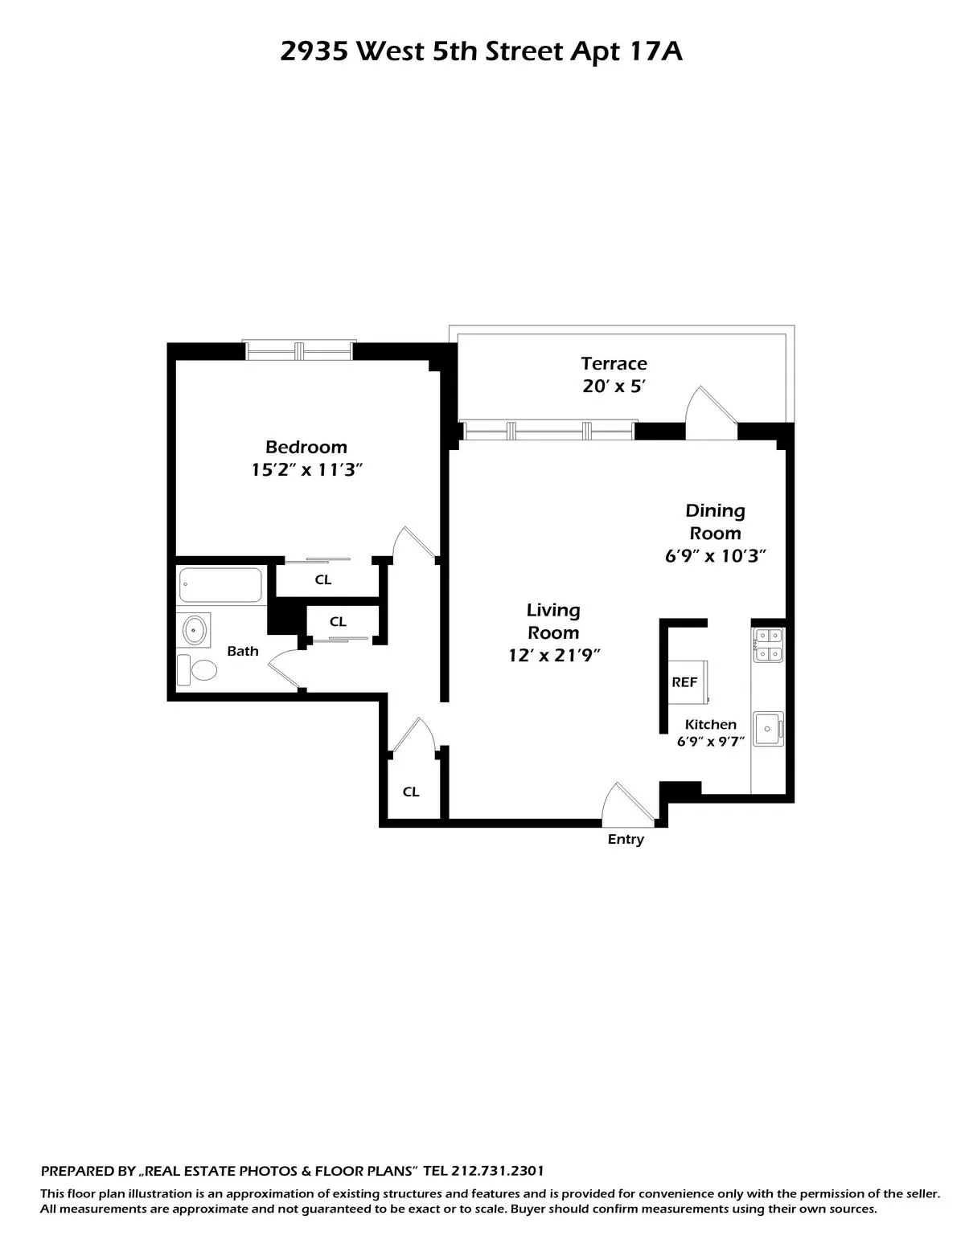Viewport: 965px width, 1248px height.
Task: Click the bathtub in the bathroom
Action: click(x=220, y=585)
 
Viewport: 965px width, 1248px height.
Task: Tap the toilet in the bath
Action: click(x=198, y=669)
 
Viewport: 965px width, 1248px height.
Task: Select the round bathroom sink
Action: click(x=195, y=630)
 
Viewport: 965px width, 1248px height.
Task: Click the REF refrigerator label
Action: click(x=684, y=682)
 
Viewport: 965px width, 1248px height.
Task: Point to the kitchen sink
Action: click(x=767, y=729)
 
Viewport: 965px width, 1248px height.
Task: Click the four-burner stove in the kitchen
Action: click(x=767, y=644)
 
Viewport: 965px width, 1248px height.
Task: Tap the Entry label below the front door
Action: click(x=626, y=840)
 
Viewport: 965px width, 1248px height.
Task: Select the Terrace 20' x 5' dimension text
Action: click(x=614, y=387)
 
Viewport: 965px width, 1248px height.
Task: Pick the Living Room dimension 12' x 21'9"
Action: click(x=554, y=656)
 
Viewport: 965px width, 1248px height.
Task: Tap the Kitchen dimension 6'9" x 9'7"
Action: click(x=711, y=742)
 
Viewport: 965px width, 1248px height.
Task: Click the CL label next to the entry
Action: click(x=411, y=792)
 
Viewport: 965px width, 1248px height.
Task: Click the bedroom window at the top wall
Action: click(x=299, y=351)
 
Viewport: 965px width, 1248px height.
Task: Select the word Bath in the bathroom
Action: click(x=242, y=651)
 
